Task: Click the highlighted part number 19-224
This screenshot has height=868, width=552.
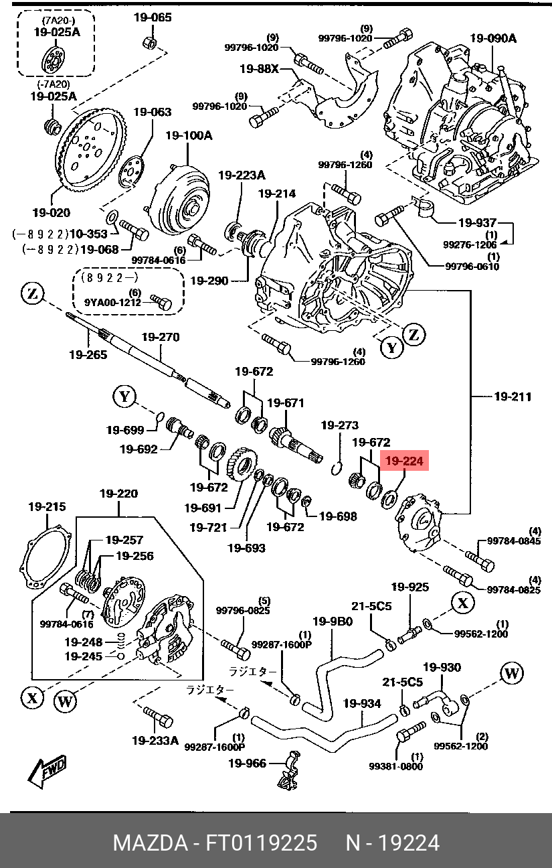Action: [404, 461]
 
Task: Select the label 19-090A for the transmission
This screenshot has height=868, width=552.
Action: [493, 38]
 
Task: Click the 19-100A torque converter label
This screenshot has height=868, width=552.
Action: [189, 135]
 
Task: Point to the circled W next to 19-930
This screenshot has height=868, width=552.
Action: [511, 673]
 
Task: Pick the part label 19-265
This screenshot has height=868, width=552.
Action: [88, 354]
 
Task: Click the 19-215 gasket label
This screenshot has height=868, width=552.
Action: [47, 507]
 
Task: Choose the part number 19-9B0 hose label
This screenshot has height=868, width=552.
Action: [332, 621]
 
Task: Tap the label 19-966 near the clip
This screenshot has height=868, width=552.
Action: [247, 763]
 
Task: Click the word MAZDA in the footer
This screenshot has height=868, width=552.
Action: [149, 843]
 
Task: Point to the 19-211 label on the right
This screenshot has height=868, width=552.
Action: [513, 396]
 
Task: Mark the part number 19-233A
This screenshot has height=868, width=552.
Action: [155, 741]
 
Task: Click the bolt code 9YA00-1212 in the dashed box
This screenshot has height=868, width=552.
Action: [112, 302]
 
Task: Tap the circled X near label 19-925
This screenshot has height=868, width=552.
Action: [462, 601]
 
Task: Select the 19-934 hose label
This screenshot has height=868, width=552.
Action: [362, 704]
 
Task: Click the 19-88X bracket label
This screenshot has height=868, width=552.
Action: [259, 68]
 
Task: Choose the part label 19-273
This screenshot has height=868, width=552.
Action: [339, 425]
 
